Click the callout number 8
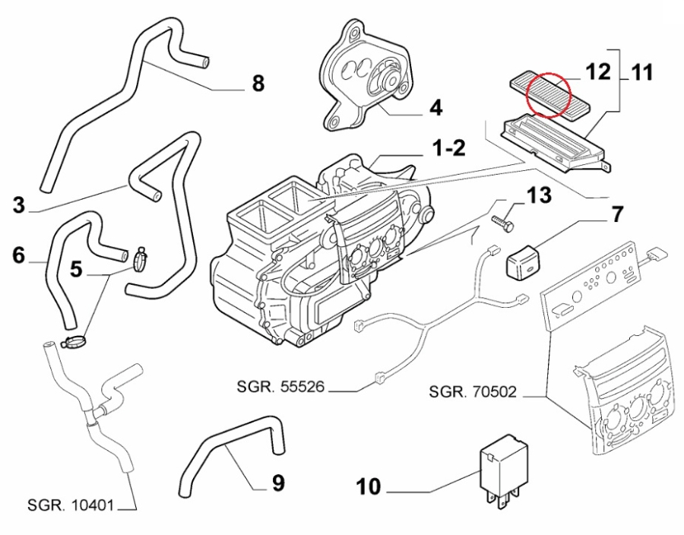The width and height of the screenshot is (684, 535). tap(258, 83)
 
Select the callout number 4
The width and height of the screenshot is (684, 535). tap(435, 108)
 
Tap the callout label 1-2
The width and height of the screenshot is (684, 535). tap(448, 147)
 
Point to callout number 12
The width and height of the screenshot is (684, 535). tap(598, 72)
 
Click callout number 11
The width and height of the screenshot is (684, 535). tap(643, 74)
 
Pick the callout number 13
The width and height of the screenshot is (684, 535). tap(539, 197)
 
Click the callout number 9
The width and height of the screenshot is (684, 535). tap(277, 482)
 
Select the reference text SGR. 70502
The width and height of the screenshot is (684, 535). tap(473, 393)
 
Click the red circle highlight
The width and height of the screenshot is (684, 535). tap(553, 97)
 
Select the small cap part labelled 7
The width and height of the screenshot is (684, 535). tap(524, 260)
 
